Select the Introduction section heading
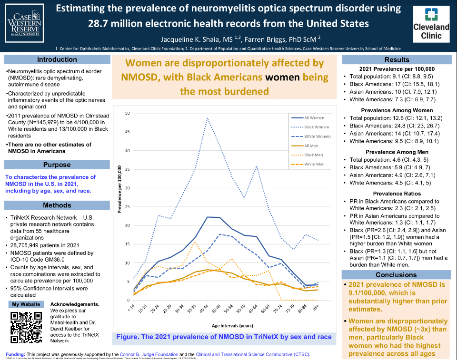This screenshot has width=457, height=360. [57, 59]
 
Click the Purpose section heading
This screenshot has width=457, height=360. [57, 165]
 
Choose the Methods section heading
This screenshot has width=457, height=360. [57, 205]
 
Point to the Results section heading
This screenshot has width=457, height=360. [397, 59]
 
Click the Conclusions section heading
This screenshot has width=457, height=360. [396, 274]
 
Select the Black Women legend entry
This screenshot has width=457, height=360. [317, 126]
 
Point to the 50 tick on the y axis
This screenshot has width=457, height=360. [128, 113]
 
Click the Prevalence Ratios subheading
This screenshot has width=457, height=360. [396, 194]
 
